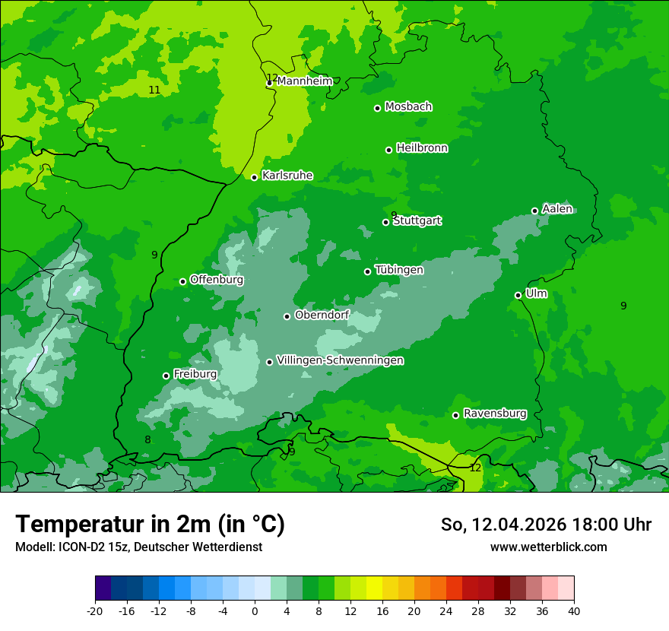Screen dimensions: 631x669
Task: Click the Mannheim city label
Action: coord(304,81)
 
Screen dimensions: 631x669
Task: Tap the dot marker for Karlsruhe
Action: coord(255,177)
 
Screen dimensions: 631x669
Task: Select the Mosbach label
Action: coord(408,107)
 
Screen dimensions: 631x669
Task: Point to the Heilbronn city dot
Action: coord(389,150)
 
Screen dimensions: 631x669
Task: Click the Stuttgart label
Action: coord(417,221)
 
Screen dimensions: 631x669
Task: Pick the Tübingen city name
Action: coord(399,270)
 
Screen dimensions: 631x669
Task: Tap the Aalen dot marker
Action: coord(535,211)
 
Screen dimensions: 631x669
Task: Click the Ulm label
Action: coord(536,293)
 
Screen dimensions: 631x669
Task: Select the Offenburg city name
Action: coord(217,280)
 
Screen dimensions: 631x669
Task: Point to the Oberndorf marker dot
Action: coord(287,316)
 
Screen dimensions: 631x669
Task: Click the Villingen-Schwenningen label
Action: coord(340,360)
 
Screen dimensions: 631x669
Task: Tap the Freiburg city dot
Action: coord(166,376)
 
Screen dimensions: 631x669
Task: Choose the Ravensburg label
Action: coord(495,414)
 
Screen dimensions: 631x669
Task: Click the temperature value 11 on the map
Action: coord(154,90)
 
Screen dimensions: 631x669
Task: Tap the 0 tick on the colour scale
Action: coord(255,610)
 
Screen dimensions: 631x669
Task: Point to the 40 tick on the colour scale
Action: coord(574,610)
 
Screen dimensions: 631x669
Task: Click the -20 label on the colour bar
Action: coord(95,610)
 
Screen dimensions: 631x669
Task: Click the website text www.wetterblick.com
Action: coord(549,547)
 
